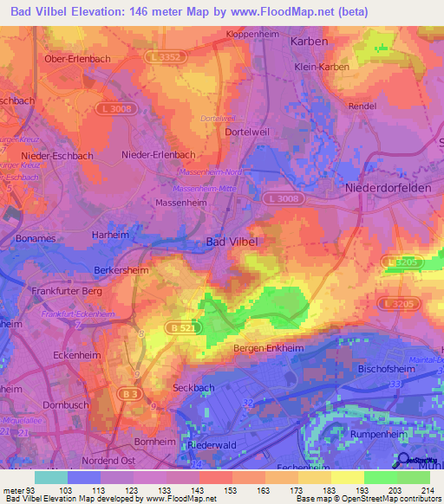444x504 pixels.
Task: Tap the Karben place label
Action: pyautogui.click(x=309, y=41)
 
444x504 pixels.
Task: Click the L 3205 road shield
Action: pyautogui.click(x=405, y=303)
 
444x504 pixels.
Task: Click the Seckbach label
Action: pyautogui.click(x=193, y=387)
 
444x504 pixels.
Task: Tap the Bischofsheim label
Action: pyautogui.click(x=384, y=368)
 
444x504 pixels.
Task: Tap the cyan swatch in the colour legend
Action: pyautogui.click(x=50, y=477)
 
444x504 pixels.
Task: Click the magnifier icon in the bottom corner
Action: pyautogui.click(x=404, y=460)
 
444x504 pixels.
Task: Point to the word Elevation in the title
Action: pyautogui.click(x=89, y=11)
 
